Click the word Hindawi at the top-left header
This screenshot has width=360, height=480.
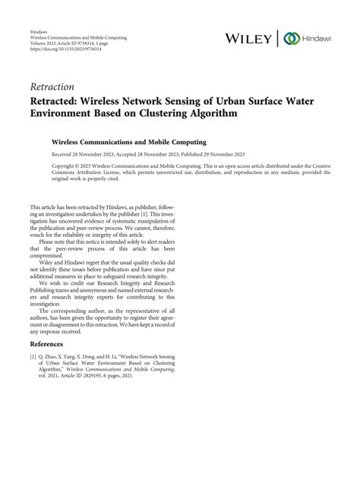point(38,30)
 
